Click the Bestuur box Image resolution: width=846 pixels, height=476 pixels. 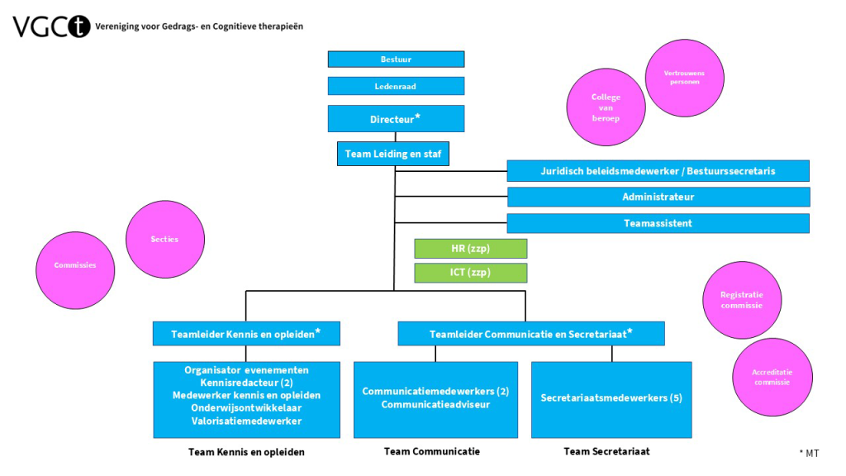396,59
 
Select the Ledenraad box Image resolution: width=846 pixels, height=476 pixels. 396,86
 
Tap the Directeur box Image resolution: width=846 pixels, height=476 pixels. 396,119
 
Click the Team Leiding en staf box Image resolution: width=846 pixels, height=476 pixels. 393,154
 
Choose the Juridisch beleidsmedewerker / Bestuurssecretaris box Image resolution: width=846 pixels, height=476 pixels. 658,171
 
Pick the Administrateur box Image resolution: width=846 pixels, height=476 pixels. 658,198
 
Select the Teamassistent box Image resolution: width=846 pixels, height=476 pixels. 658,223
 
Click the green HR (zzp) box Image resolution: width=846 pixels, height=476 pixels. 470,249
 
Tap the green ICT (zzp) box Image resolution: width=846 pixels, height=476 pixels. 470,273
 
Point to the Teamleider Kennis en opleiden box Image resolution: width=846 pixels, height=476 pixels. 246,334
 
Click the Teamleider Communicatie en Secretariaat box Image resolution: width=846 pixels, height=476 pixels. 531,334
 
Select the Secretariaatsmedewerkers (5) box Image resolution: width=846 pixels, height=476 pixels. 611,398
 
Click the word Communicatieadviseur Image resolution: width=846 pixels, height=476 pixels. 435,405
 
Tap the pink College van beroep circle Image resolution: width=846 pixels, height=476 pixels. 606,107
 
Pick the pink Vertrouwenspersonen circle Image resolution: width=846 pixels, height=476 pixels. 683,78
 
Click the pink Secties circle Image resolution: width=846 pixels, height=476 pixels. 164,239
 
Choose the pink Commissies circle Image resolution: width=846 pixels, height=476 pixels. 75,265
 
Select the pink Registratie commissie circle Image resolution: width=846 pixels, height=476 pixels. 741,300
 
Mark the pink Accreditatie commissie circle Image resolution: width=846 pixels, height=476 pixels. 772,377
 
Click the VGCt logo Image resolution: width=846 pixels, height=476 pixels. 50,26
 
